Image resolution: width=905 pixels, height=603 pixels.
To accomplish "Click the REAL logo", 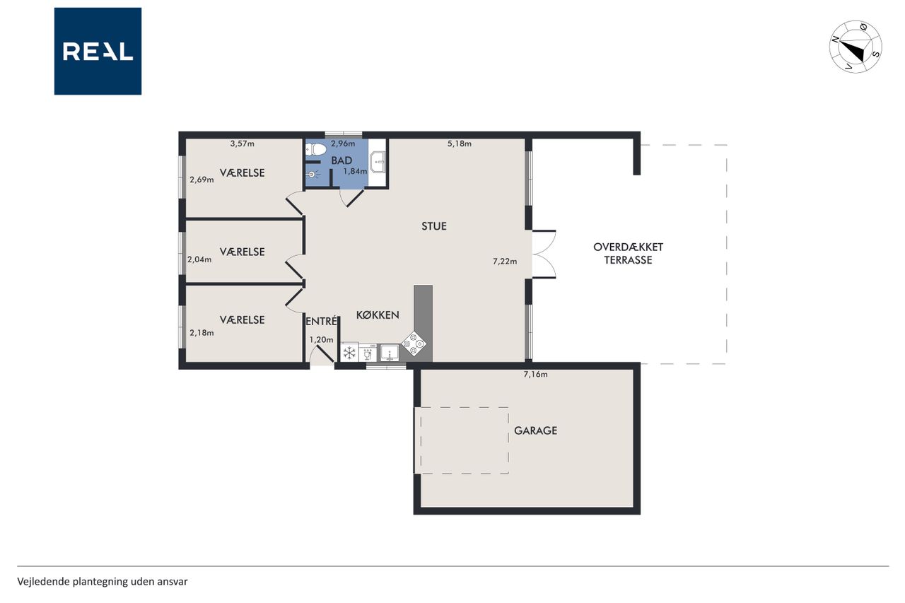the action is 98,52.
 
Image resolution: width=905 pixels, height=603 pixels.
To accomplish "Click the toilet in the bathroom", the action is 316,149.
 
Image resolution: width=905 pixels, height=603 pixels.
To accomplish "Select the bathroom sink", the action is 378,163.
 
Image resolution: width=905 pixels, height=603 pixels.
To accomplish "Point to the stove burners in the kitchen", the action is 414,344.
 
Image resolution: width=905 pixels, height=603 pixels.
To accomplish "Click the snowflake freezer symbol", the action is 349,353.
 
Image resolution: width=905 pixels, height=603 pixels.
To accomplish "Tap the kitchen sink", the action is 390,353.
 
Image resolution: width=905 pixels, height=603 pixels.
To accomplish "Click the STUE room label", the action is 434,226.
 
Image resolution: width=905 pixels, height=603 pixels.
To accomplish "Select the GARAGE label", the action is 535,431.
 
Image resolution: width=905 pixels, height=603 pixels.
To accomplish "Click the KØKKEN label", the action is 378,315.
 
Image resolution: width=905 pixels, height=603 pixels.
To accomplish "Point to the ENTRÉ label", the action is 321,321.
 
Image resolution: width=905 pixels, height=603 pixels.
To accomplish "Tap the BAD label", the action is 341,160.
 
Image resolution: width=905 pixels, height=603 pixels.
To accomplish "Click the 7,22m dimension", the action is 505,262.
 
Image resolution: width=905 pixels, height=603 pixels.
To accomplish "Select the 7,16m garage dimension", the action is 535,375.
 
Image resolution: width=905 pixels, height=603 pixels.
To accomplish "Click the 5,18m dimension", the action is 460,144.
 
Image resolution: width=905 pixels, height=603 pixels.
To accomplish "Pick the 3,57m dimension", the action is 242,144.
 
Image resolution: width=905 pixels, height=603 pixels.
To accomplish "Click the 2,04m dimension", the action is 199,259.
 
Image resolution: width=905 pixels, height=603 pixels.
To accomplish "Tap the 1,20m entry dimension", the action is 321,340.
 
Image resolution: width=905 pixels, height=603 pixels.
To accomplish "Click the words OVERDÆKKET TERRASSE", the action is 629,253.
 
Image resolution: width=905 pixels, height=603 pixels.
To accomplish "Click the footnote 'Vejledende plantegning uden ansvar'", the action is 103,582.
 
